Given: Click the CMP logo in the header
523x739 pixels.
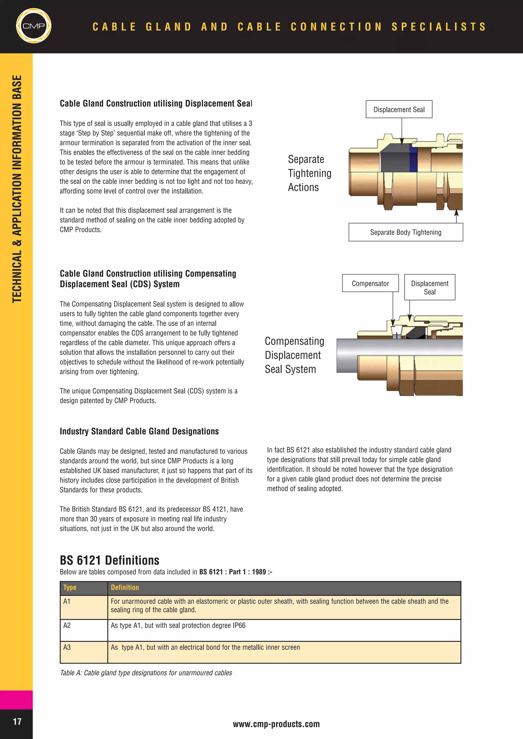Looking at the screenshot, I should click(33, 26).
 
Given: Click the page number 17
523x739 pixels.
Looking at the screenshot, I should click(17, 721).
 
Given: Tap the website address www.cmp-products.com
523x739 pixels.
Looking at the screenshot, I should click(276, 724).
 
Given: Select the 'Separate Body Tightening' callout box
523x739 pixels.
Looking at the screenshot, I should click(406, 232).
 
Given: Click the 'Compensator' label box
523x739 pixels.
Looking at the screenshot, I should click(370, 283).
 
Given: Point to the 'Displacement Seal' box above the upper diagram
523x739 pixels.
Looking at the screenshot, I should click(399, 109).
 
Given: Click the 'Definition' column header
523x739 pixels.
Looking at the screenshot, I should click(125, 587).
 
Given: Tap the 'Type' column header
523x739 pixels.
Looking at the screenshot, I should click(70, 587).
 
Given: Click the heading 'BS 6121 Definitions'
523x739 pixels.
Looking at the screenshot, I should click(110, 560).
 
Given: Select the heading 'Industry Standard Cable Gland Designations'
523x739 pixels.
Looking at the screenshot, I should click(139, 431).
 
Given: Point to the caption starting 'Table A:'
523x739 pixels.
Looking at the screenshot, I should click(146, 673).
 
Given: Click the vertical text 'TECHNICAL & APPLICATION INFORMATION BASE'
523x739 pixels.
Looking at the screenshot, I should click(17, 189).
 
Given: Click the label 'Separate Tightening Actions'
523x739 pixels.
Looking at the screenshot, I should click(309, 173).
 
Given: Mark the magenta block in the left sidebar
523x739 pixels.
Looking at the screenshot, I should click(16, 700).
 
